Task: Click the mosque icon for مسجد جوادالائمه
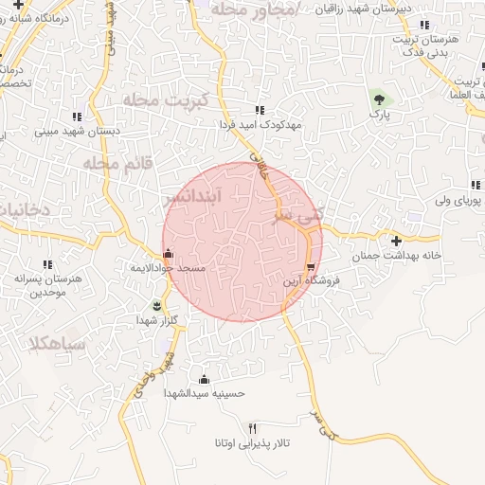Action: [x=169, y=253]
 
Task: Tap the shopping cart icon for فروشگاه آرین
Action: [x=311, y=266]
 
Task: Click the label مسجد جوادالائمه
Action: [x=168, y=268]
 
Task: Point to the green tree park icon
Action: [x=379, y=98]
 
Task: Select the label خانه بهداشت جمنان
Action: [x=398, y=256]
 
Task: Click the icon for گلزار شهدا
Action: [x=157, y=305]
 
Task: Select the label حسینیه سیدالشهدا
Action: [x=205, y=393]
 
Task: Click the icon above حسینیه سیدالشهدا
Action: [x=204, y=379]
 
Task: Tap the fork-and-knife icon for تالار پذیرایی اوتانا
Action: [x=251, y=428]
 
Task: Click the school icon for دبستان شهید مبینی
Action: [x=76, y=117]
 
